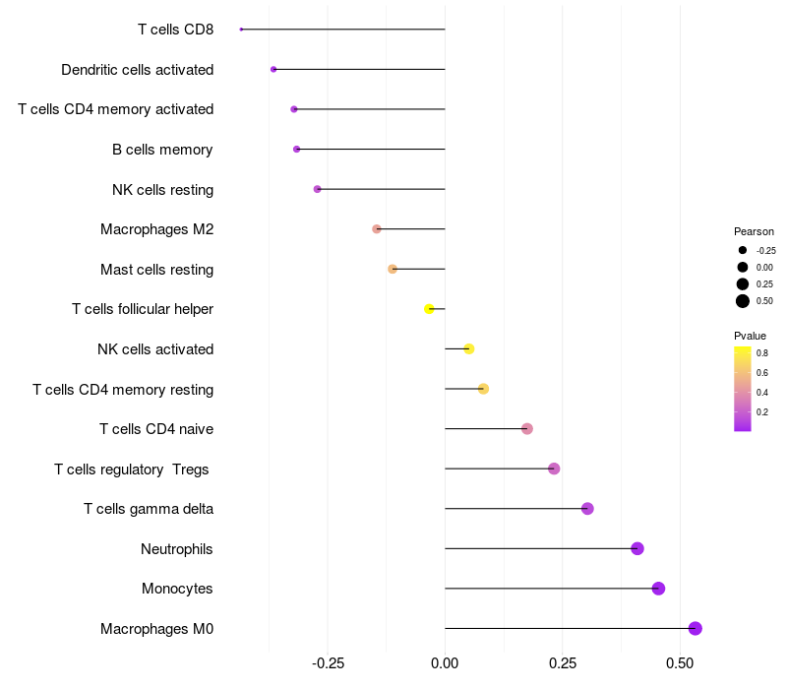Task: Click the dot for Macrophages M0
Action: [x=695, y=628]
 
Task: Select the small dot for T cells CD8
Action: [x=241, y=30]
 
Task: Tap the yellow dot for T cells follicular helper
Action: [x=429, y=309]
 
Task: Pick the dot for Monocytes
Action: [x=658, y=589]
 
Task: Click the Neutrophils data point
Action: [x=637, y=548]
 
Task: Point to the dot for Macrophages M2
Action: [x=377, y=229]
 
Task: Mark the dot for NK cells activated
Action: [x=469, y=348]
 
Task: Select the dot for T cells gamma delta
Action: [x=587, y=509]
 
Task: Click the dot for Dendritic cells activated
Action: [x=273, y=69]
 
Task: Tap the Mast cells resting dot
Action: [x=393, y=269]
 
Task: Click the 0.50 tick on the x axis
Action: [x=680, y=663]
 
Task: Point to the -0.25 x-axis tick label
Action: [x=329, y=663]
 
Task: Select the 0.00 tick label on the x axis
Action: [x=445, y=663]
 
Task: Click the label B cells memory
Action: [x=162, y=150]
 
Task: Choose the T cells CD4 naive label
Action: [x=156, y=429]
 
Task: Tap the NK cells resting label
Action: [x=163, y=190]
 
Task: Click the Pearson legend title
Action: [x=754, y=231]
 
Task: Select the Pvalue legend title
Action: [x=750, y=336]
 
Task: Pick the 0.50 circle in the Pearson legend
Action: [x=743, y=301]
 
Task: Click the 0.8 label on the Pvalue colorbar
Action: [x=761, y=353]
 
